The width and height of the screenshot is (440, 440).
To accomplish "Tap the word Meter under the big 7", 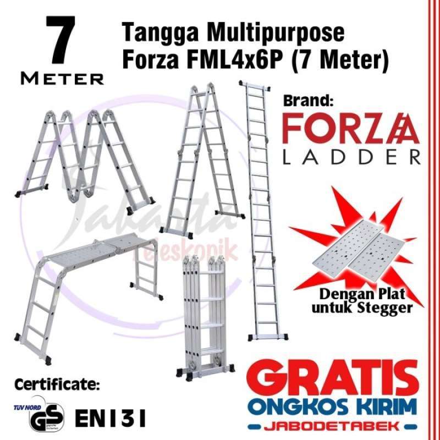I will click(x=62, y=79).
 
